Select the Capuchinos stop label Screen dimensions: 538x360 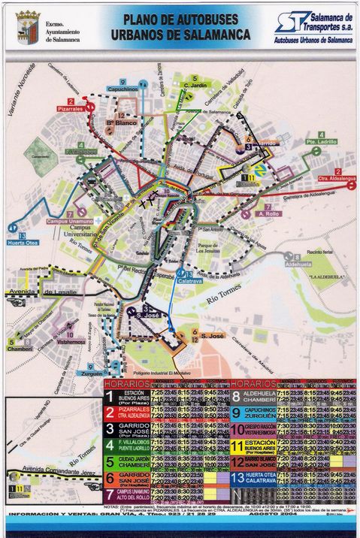[x=122, y=89]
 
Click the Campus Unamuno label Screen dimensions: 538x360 [x=68, y=221]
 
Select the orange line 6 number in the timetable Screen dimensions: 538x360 [x=110, y=477]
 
